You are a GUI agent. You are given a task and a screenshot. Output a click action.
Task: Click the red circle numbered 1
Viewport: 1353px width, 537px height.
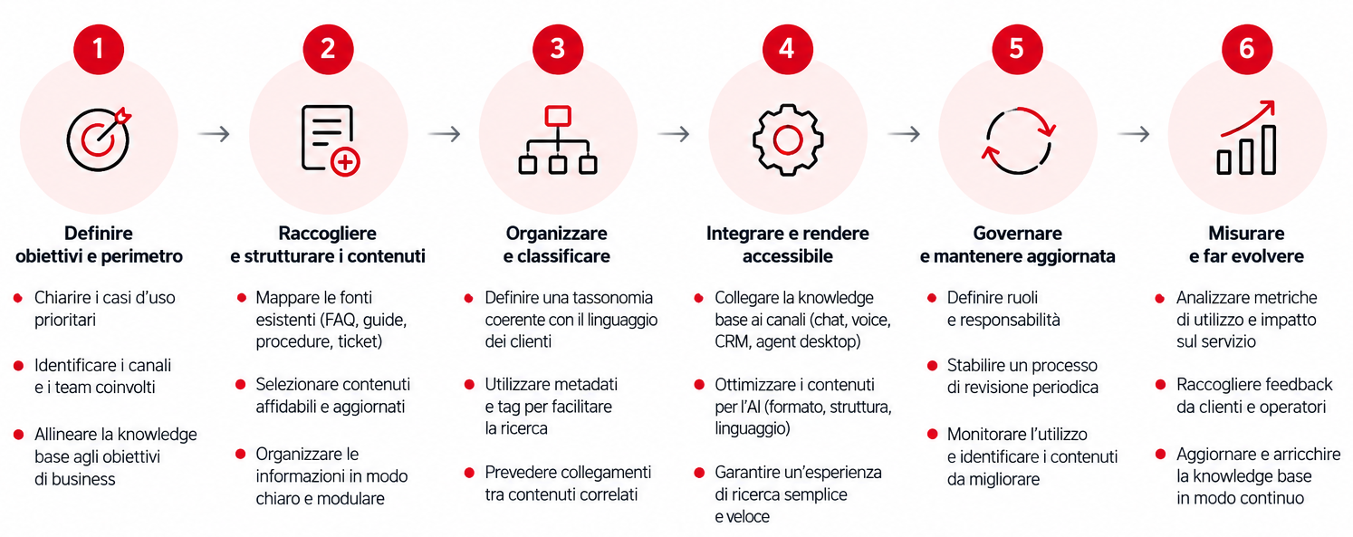tap(99, 49)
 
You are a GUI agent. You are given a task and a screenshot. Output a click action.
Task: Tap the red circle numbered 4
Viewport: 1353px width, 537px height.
tap(787, 49)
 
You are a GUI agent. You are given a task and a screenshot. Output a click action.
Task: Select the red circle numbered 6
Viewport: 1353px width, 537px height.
tap(1247, 49)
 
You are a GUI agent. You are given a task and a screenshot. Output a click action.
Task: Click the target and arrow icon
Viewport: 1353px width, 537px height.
tap(99, 139)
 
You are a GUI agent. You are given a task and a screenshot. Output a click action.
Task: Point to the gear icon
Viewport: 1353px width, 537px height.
tap(788, 140)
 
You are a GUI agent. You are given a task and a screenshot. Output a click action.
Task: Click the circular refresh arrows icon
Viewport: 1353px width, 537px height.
tap(1018, 140)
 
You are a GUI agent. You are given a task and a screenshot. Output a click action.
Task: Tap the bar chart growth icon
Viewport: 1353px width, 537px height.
tap(1247, 138)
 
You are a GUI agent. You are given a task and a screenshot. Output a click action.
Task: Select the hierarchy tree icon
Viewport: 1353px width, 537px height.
tap(558, 140)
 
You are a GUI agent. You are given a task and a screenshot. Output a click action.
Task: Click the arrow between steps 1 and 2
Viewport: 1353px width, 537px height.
tap(214, 133)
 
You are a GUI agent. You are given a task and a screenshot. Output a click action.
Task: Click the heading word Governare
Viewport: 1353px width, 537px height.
tap(1017, 233)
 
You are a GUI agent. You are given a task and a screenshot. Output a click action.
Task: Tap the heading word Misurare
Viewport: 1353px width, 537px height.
tap(1247, 233)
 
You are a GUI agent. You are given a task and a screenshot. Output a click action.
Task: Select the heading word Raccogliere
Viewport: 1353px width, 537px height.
tap(327, 233)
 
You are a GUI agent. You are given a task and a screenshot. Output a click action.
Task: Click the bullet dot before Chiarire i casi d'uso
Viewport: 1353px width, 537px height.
tap(18, 298)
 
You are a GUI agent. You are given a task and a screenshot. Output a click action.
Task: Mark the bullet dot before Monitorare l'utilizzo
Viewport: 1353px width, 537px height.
tap(933, 434)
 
